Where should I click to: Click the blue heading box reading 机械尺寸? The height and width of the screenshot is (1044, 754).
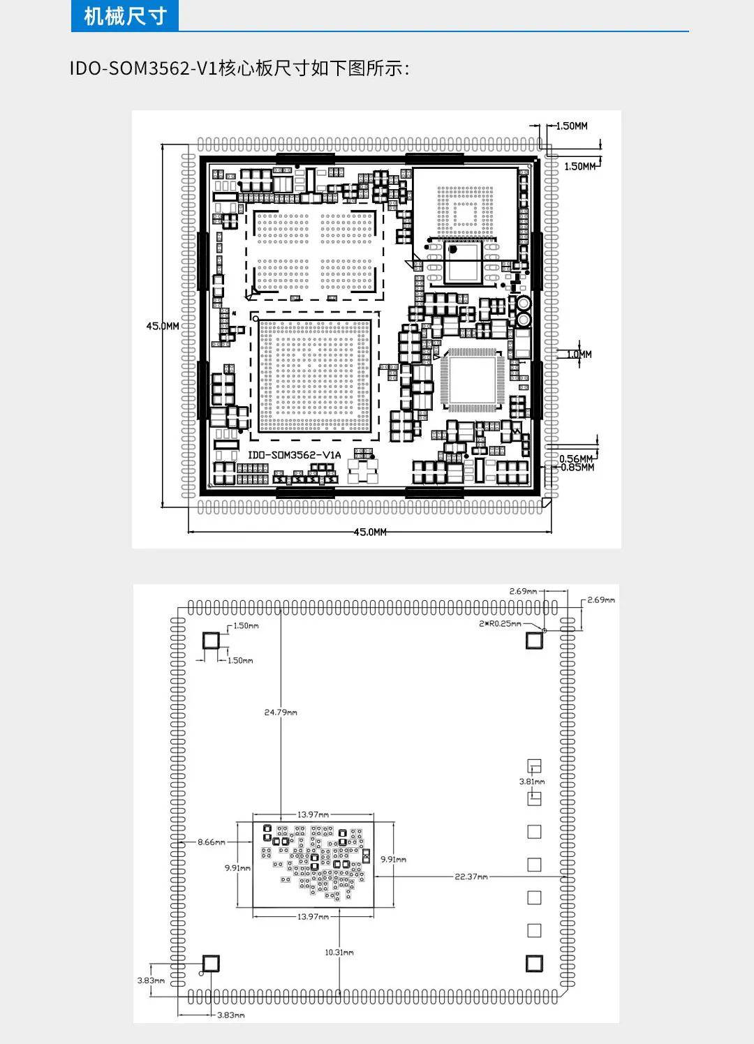124,16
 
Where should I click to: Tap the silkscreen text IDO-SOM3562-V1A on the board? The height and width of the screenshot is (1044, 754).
294,455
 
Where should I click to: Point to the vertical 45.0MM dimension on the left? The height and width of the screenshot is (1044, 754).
163,326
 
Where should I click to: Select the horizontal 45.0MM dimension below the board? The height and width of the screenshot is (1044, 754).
370,532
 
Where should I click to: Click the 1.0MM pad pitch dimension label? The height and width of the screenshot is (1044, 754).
579,355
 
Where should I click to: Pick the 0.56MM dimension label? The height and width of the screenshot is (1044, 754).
576,459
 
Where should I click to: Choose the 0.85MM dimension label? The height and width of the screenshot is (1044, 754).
577,467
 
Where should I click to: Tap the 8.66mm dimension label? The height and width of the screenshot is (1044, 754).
212,842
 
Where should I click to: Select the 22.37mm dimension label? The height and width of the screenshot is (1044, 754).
471,877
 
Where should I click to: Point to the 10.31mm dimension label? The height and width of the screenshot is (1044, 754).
339,952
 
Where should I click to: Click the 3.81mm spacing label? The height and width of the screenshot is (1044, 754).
532,782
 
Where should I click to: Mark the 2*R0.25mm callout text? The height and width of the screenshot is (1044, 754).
500,624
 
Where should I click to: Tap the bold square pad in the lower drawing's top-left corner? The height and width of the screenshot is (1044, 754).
210,641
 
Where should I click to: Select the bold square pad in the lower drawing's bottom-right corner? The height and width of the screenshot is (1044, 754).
534,963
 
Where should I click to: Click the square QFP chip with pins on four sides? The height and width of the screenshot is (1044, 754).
471,380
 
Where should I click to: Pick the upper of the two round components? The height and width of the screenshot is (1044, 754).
524,304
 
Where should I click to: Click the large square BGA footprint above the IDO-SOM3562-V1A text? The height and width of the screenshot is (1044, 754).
315,375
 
